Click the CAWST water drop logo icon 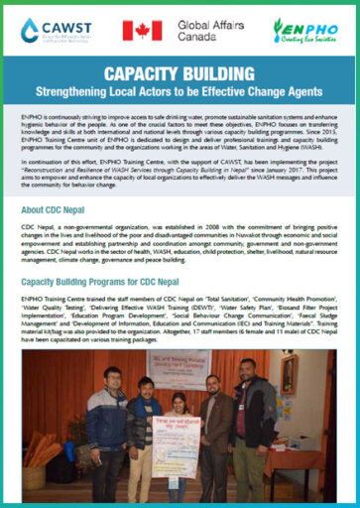pyautogui.click(x=31, y=30)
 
